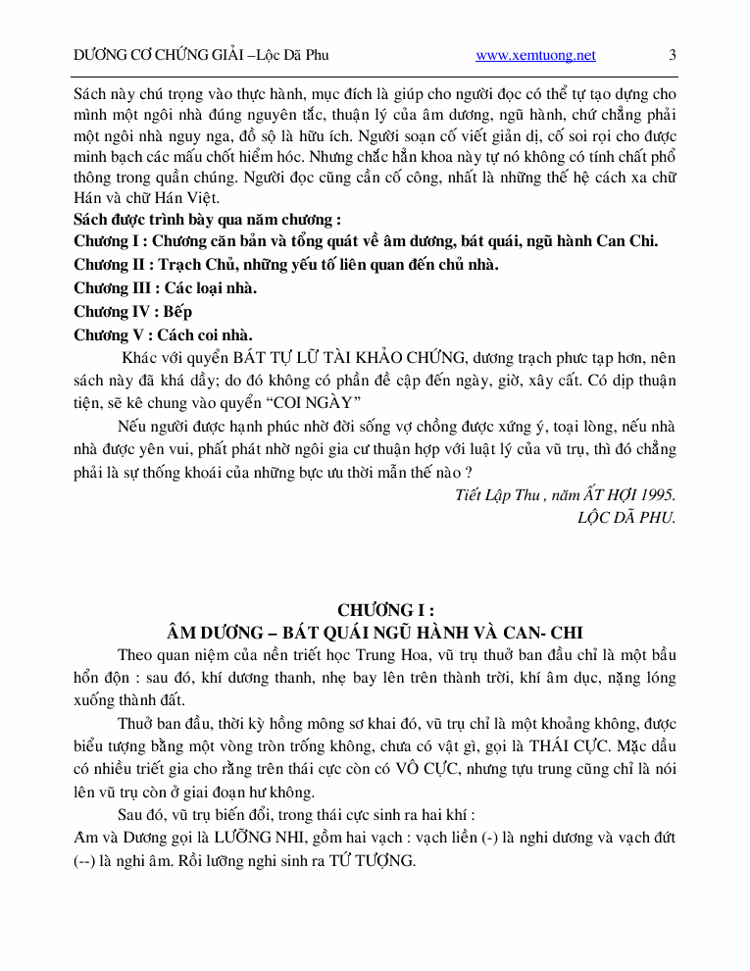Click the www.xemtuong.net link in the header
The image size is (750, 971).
[535, 56]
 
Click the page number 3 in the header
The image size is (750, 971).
[673, 56]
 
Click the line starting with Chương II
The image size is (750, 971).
[286, 264]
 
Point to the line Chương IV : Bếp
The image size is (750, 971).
[133, 311]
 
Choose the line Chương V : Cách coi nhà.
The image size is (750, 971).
[163, 334]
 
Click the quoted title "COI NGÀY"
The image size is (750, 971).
[317, 403]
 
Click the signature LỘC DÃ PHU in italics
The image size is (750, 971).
[626, 517]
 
